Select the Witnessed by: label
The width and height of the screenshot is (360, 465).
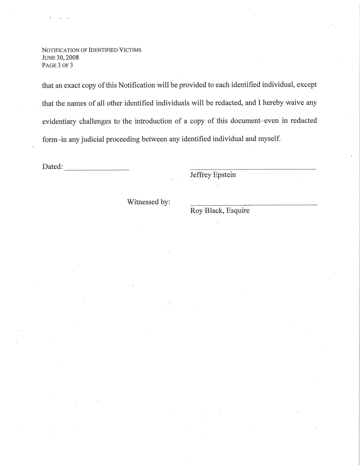tap(148, 202)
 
